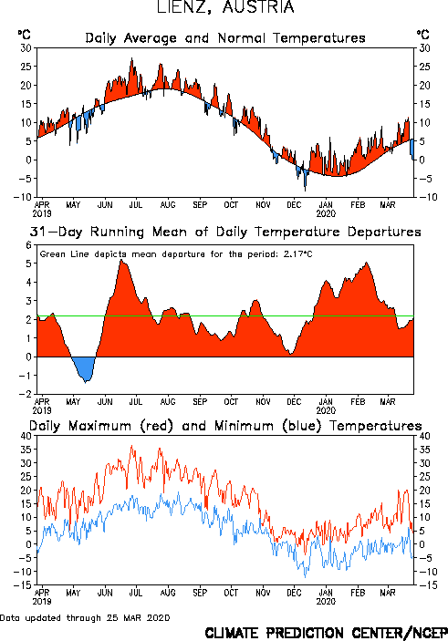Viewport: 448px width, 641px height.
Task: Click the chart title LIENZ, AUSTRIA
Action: [225, 7]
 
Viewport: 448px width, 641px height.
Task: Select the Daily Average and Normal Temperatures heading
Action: [225, 38]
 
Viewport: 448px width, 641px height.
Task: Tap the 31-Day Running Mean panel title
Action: [225, 232]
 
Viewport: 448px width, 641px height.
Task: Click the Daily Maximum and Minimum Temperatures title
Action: [225, 426]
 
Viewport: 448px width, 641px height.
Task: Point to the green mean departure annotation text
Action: [176, 254]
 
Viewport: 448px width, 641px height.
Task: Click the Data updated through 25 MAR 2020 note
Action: [85, 617]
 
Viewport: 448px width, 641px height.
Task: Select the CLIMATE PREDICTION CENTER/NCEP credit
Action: [326, 633]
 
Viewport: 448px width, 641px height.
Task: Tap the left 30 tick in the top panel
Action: [26, 48]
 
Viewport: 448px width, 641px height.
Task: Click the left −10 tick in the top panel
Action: [23, 197]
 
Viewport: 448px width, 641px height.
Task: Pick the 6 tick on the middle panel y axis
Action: [28, 245]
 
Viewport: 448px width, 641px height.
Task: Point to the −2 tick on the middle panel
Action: [26, 394]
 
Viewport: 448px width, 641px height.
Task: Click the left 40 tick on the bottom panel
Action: [26, 436]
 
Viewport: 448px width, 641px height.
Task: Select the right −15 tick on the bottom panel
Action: [424, 585]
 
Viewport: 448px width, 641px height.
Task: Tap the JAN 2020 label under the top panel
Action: [326, 209]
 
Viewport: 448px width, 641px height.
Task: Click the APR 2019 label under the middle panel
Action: [42, 406]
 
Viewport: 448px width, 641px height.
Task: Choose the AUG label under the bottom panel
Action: [168, 593]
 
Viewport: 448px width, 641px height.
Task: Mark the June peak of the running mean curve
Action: [121, 261]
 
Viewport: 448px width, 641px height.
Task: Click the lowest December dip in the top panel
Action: [305, 191]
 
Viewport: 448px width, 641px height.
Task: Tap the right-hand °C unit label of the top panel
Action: [423, 35]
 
